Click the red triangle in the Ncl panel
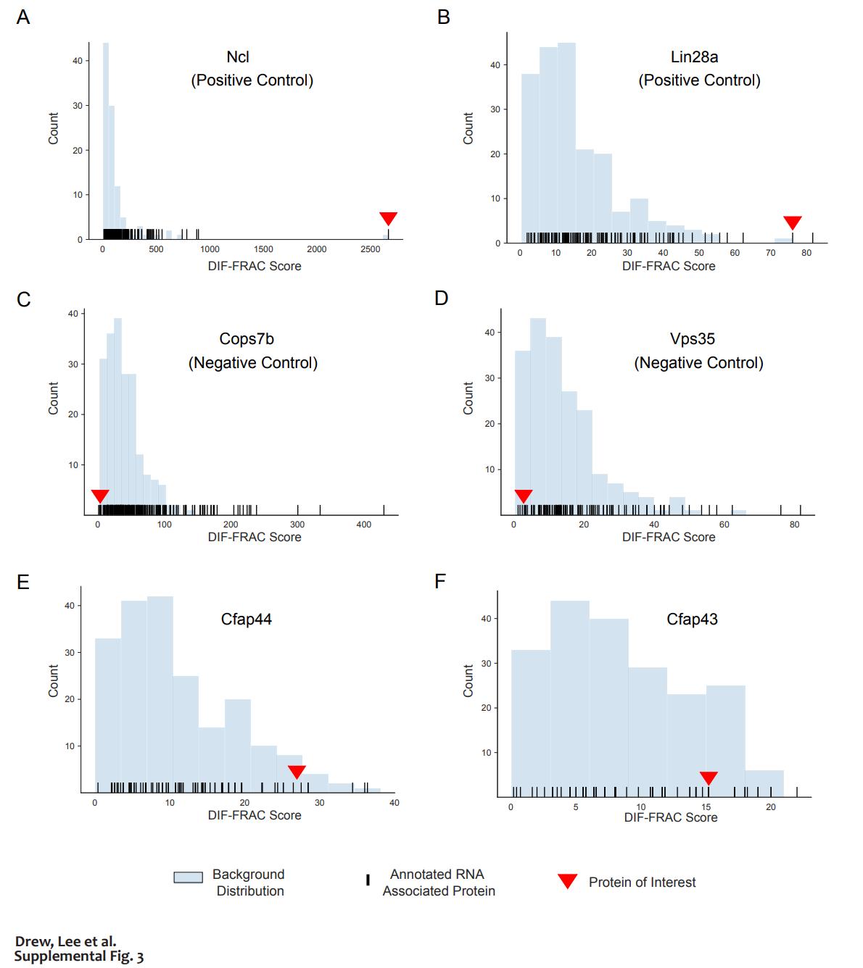coord(389,218)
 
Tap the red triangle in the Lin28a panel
coord(793,222)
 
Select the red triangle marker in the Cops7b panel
coord(100,496)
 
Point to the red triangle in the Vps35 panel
coord(523,496)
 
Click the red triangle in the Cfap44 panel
coord(297,772)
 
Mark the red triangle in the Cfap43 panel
coord(709,777)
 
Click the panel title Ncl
coord(238,57)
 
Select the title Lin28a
coord(694,57)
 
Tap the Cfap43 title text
coord(692,619)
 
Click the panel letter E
coord(23,582)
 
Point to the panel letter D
coord(441,298)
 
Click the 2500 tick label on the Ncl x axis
coord(370,249)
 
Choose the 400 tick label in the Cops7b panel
coord(364,525)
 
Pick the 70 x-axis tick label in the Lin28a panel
coord(771,253)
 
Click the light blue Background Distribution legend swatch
coord(188,877)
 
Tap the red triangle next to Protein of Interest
coord(567,881)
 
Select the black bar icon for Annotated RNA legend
coord(368,880)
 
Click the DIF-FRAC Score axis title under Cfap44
coord(255,815)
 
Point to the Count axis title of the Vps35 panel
coord(468,398)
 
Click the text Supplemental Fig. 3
coord(79,956)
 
